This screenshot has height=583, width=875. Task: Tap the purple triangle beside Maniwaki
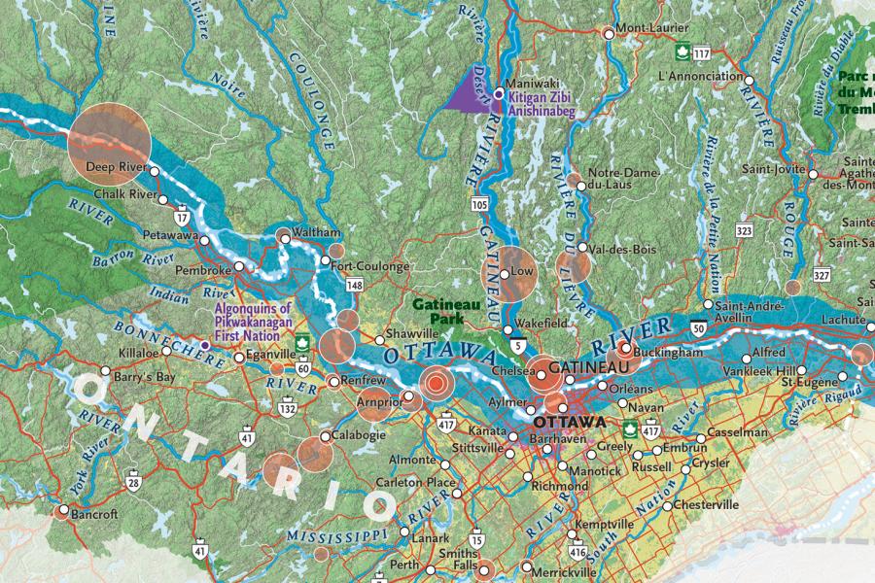tap(470, 92)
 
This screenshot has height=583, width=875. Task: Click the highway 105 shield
tap(478, 204)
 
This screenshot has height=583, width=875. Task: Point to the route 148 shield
tap(354, 285)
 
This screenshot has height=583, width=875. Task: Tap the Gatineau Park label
tap(448, 310)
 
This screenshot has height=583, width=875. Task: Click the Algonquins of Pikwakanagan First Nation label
tap(254, 322)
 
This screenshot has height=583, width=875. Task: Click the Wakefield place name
tap(542, 322)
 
